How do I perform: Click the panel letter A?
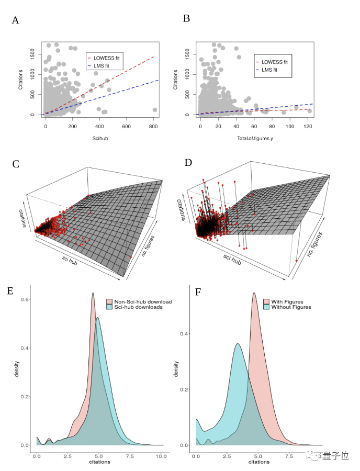tap(16, 20)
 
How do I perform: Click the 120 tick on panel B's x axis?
tap(309, 127)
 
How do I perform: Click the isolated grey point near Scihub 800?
tap(154, 110)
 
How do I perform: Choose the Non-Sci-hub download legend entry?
tap(139, 302)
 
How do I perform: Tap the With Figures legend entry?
tap(289, 301)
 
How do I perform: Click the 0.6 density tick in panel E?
tap(26, 299)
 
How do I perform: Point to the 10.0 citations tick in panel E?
tap(162, 456)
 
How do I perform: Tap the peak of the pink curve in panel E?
tap(93, 293)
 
